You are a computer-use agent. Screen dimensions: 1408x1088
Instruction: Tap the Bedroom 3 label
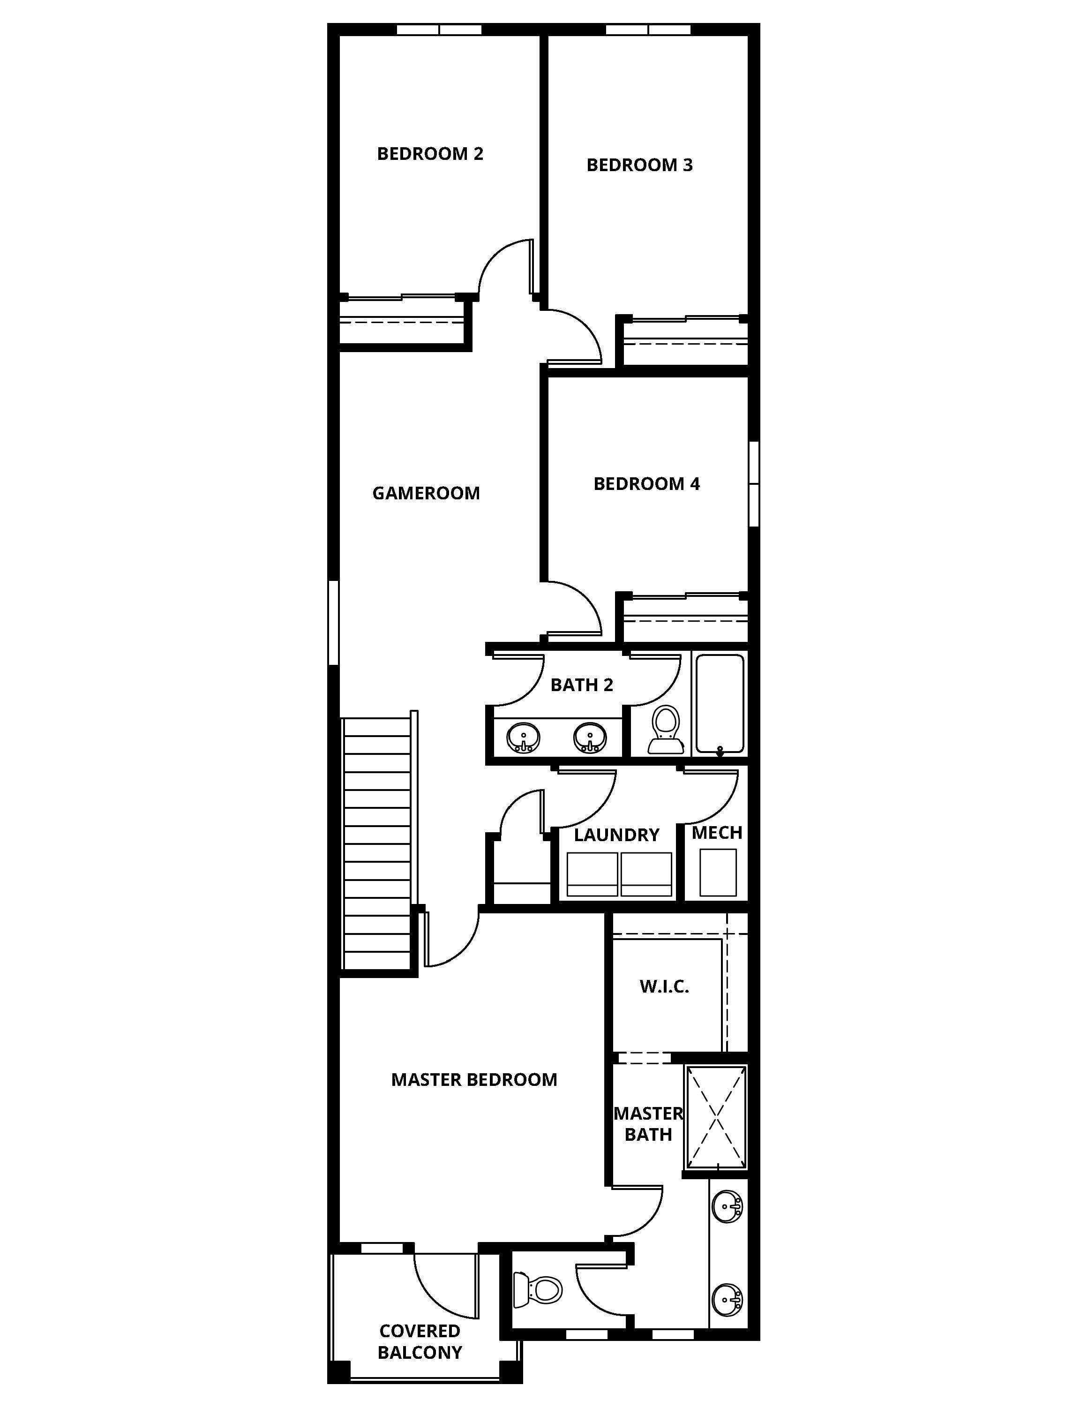(x=639, y=165)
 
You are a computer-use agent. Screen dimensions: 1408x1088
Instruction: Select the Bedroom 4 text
(x=646, y=483)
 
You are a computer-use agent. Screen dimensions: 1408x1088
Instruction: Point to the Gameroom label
(x=426, y=493)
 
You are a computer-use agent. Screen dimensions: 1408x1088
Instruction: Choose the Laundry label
(x=616, y=835)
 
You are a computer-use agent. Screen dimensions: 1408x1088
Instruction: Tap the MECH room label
(x=717, y=832)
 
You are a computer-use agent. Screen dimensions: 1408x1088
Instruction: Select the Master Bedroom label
(x=474, y=1080)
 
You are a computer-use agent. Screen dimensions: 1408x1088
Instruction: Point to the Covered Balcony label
(x=420, y=1341)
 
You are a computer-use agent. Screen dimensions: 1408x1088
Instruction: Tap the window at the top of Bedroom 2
(x=439, y=30)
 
